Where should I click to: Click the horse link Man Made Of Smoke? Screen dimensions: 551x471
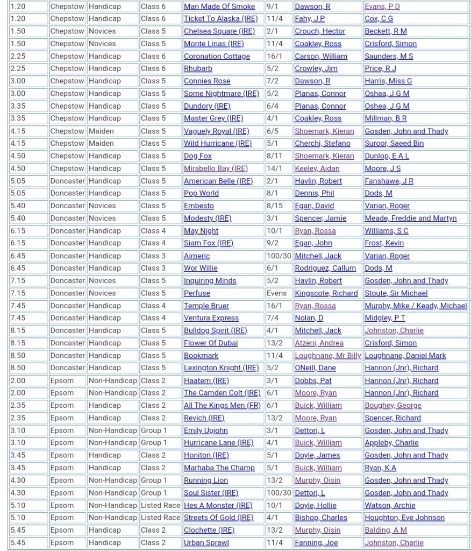(219, 6)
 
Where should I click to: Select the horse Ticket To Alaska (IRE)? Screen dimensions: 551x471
(220, 19)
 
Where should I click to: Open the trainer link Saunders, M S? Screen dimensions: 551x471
(389, 56)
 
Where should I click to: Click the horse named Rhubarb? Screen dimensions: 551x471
(198, 69)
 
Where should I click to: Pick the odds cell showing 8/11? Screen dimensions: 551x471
(275, 156)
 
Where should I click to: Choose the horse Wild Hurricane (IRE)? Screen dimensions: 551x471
(217, 144)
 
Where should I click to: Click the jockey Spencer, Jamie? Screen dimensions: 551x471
(320, 218)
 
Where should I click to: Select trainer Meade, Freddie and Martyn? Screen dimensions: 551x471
(410, 218)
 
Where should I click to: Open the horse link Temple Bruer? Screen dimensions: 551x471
(206, 306)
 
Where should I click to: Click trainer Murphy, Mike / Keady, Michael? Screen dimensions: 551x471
(416, 306)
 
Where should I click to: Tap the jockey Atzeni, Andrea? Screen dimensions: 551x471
(319, 343)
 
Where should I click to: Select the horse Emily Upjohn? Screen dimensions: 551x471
(205, 430)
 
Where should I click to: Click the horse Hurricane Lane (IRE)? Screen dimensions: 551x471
(218, 443)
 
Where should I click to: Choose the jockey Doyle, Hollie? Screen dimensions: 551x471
(316, 505)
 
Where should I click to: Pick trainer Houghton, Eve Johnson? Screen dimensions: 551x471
(404, 518)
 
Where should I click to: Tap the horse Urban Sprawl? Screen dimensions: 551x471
(206, 543)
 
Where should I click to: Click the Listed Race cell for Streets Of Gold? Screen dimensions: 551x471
(160, 518)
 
